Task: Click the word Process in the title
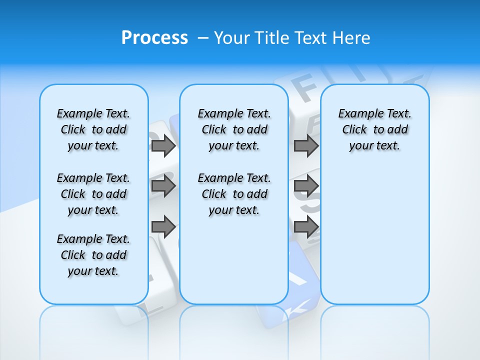(154, 38)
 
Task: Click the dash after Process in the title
(203, 38)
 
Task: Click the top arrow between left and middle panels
(163, 146)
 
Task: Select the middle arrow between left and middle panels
(163, 186)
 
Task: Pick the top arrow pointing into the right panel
(306, 146)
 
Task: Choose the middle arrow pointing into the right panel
(306, 186)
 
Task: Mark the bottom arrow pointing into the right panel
(306, 227)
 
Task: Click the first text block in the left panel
(93, 129)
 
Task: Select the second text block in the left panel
(93, 194)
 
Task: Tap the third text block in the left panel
(93, 255)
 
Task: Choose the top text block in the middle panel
(234, 129)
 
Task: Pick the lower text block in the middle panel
(234, 194)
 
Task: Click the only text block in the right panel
(374, 129)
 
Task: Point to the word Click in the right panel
(354, 129)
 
